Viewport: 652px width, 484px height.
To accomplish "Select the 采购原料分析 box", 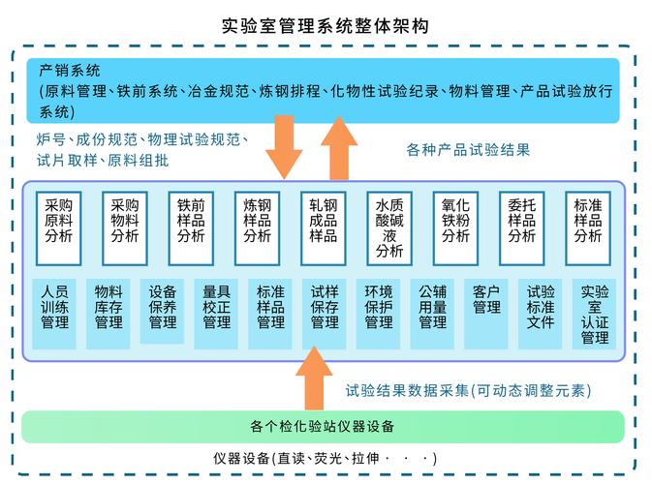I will [58, 228].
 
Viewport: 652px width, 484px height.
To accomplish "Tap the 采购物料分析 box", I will [124, 228].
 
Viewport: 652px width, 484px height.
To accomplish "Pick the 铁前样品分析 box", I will [191, 228].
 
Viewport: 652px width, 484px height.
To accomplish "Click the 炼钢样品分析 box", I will [257, 228].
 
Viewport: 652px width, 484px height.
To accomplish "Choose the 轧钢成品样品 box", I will [323, 228].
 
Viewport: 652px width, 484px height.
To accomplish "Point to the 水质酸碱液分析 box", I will [389, 228].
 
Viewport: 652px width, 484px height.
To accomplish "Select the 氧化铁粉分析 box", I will [455, 228].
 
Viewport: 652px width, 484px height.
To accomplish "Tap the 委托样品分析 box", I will [521, 228].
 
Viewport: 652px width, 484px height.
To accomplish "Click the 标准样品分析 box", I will [588, 228].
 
